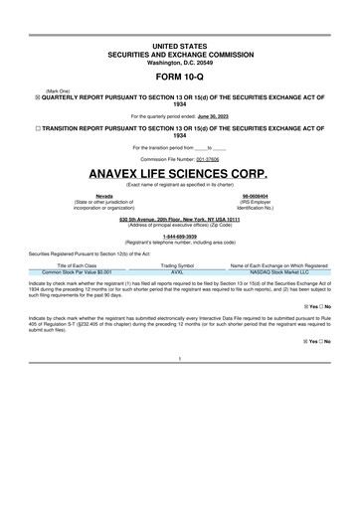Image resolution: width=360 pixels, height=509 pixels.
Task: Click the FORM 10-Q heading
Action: [180, 78]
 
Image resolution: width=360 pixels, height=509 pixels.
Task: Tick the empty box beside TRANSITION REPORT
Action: [37, 128]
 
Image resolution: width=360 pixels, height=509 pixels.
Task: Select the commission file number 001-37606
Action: [201, 158]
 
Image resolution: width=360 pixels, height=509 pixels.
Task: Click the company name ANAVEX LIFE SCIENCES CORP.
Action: [180, 173]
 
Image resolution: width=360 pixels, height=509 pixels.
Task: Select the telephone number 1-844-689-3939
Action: [180, 237]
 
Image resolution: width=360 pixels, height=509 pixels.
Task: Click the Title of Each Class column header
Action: [77, 266]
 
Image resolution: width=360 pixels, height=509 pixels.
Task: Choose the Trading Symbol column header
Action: [177, 266]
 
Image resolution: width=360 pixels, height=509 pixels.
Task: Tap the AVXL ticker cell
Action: [177, 272]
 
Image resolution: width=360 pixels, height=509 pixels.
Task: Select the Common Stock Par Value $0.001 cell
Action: [77, 272]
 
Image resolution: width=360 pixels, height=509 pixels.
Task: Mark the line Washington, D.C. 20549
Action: [180, 62]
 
